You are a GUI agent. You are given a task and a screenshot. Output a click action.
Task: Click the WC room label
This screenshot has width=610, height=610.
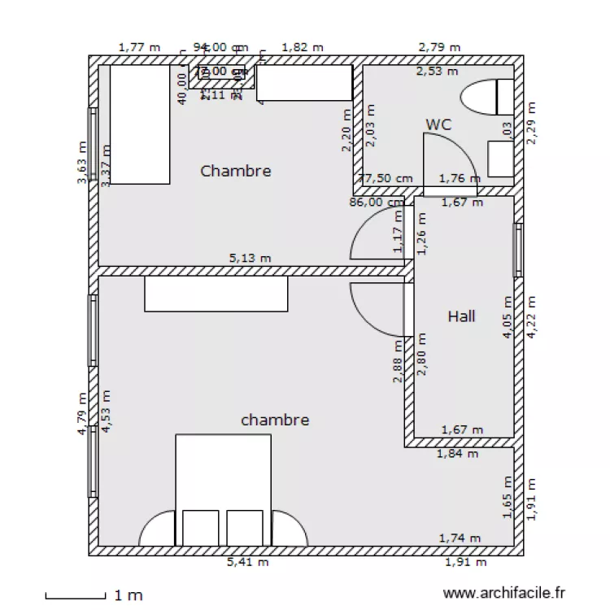pyautogui.click(x=438, y=124)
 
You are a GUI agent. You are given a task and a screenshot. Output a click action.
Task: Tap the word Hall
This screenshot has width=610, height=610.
pyautogui.click(x=461, y=316)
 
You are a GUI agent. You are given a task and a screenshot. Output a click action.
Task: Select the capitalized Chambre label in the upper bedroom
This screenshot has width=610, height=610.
pyautogui.click(x=235, y=171)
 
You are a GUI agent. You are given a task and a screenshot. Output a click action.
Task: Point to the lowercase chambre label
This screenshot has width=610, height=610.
pyautogui.click(x=275, y=420)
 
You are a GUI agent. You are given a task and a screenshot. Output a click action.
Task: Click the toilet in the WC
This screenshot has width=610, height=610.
pyautogui.click(x=487, y=98)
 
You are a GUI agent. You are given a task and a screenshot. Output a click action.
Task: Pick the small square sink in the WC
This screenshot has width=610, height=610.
pyautogui.click(x=499, y=158)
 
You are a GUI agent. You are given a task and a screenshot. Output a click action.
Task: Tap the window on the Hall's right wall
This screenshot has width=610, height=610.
pyautogui.click(x=516, y=250)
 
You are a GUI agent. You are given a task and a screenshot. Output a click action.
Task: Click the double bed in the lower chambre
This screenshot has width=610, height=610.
pyautogui.click(x=223, y=489)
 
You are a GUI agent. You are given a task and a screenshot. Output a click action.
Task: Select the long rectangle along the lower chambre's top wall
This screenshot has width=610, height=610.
pyautogui.click(x=216, y=294)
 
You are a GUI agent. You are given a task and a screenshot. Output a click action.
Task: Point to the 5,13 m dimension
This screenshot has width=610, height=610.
pyautogui.click(x=250, y=258)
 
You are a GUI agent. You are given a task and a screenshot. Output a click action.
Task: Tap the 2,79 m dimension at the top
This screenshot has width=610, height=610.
pyautogui.click(x=439, y=47)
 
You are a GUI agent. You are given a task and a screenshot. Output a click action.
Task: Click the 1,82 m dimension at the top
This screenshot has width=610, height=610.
pyautogui.click(x=302, y=47)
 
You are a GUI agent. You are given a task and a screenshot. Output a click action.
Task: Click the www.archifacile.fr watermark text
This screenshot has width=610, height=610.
pyautogui.click(x=505, y=595)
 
